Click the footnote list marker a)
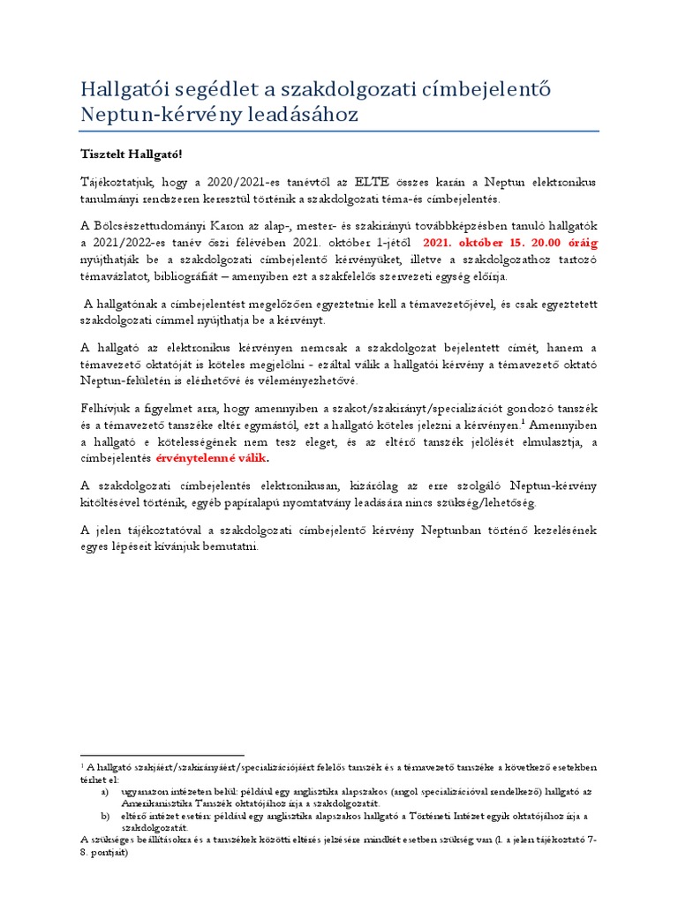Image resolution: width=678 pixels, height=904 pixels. (105, 793)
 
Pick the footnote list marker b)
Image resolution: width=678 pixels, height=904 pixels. (105, 817)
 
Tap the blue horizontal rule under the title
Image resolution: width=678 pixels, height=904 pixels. (339, 132)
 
